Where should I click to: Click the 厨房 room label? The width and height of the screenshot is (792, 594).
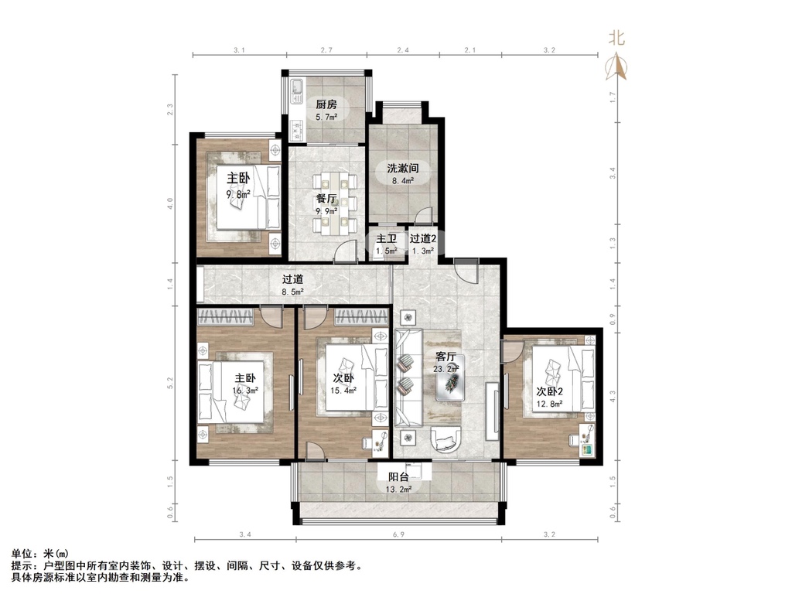325,104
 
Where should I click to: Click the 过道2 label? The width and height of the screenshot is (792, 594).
423,239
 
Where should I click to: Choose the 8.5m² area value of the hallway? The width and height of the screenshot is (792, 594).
292,292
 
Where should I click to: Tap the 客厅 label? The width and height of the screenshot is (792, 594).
446,357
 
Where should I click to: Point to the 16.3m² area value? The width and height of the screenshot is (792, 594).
245,391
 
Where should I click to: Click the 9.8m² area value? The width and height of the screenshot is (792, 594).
237,194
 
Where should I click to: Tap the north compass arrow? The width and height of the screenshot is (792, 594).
617,68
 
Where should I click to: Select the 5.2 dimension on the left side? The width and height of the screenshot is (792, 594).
172,383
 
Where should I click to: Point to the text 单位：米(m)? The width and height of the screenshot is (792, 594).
40,555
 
